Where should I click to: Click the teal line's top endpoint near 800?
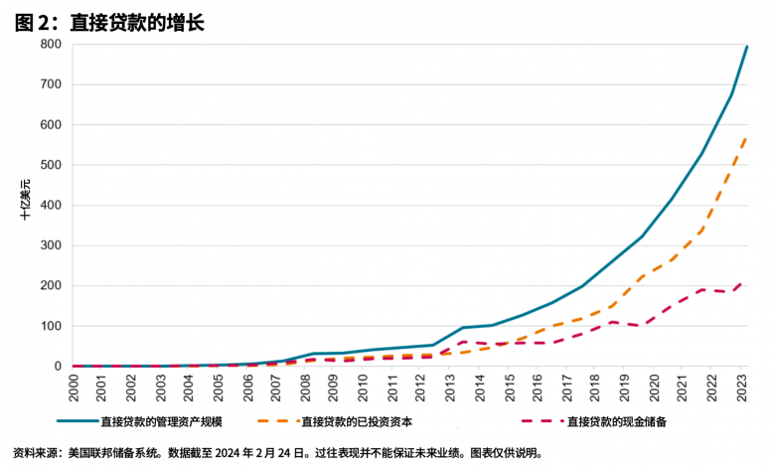(747, 47)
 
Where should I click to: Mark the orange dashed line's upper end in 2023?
(747, 138)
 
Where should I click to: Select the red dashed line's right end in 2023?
(747, 281)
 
